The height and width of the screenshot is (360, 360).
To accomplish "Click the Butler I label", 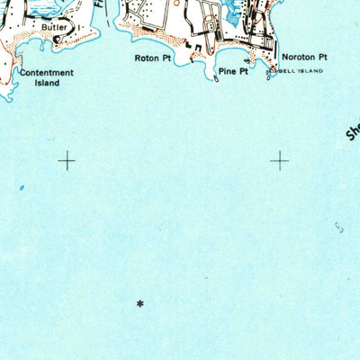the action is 56,28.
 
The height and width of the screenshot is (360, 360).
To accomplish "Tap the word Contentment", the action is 46,73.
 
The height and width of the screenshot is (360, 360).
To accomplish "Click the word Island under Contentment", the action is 47,83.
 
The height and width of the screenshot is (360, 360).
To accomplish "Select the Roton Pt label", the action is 152,58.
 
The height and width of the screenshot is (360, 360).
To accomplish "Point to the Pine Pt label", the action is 232,71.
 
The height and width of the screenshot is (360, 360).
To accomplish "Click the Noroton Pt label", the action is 304,57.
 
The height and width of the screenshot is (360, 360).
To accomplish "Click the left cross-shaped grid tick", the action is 67,161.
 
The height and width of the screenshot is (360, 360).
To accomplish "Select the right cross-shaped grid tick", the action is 280,161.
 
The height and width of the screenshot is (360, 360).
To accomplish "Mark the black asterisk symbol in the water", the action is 139,304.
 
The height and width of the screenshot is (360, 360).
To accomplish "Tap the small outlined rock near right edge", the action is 339,227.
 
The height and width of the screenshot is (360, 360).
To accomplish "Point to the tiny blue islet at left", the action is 22,188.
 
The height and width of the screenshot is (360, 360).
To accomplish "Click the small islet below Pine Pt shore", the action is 219,79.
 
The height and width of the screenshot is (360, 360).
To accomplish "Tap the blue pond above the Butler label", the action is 27,4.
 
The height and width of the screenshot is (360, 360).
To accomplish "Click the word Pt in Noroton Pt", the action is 322,57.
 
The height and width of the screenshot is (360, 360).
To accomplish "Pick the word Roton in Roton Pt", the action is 146,58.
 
